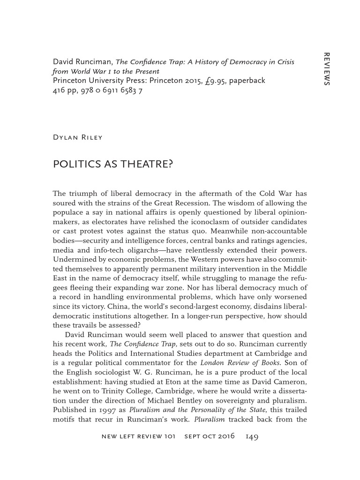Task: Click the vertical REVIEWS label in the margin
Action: pos(327,68)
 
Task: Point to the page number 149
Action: pos(252,436)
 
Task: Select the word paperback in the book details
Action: pos(247,80)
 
